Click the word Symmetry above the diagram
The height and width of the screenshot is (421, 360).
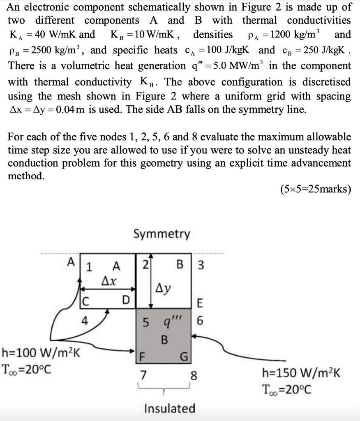pyautogui.click(x=162, y=234)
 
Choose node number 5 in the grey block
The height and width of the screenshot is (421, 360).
pyautogui.click(x=145, y=322)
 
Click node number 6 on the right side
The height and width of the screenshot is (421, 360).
pyautogui.click(x=200, y=322)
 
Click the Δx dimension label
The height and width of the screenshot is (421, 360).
pyautogui.click(x=109, y=282)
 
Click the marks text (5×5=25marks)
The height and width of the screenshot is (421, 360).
pyautogui.click(x=315, y=190)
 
